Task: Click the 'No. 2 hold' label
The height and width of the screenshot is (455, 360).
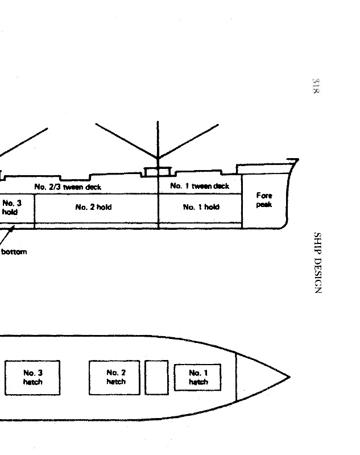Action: [93, 207]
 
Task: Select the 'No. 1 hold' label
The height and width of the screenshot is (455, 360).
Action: [201, 207]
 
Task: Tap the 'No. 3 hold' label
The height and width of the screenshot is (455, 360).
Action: [11, 207]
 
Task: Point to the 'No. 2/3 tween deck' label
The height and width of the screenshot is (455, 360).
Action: [68, 187]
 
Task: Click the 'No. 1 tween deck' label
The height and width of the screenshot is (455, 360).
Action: [200, 186]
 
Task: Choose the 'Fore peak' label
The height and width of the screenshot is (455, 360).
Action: [264, 200]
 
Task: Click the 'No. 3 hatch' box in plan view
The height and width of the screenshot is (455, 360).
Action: [32, 378]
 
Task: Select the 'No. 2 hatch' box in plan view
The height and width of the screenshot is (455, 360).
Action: [114, 378]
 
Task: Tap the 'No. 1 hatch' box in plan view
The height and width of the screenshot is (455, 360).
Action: [197, 377]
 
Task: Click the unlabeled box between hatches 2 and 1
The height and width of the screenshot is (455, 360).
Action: [156, 378]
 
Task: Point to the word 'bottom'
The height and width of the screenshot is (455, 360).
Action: [14, 251]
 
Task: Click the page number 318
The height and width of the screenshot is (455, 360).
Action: [316, 86]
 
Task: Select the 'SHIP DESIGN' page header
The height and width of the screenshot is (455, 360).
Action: [318, 263]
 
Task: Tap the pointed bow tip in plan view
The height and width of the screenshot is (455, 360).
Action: [290, 377]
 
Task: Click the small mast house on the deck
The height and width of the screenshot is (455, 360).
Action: [158, 172]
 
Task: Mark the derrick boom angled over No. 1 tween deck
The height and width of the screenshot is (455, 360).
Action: [188, 141]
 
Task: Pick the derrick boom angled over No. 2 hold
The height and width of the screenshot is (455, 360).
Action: [126, 140]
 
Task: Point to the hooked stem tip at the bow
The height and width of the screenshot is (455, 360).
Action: [297, 159]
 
